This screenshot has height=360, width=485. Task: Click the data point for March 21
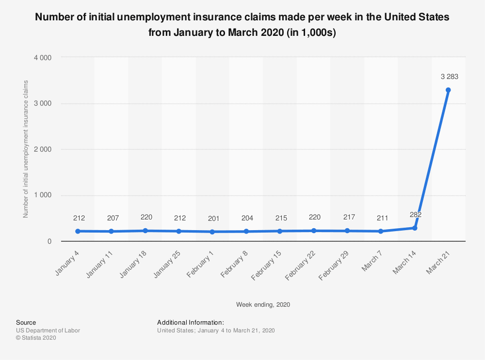pyautogui.click(x=448, y=90)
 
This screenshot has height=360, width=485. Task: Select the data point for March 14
pyautogui.click(x=415, y=228)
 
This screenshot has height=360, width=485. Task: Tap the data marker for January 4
pyautogui.click(x=78, y=231)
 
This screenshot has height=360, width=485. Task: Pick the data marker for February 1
pyautogui.click(x=212, y=232)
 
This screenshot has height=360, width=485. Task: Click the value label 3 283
pyautogui.click(x=449, y=77)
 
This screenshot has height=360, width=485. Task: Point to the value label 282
pyautogui.click(x=415, y=215)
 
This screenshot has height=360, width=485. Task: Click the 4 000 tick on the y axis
pyautogui.click(x=43, y=58)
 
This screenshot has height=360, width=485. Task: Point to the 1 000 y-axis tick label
pyautogui.click(x=43, y=195)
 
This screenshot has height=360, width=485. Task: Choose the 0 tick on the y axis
pyautogui.click(x=49, y=241)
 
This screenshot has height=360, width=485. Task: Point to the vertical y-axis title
pyautogui.click(x=26, y=149)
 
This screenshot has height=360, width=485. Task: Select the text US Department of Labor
pyautogui.click(x=48, y=330)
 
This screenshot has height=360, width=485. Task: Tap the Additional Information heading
pyautogui.click(x=190, y=322)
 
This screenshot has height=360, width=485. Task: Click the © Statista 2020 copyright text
pyautogui.click(x=36, y=338)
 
